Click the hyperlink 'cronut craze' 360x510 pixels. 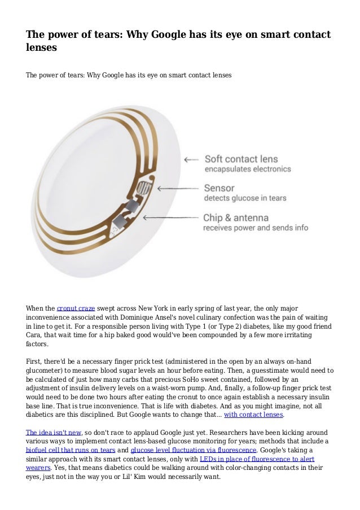point(76,308)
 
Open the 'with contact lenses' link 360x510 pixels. point(253,414)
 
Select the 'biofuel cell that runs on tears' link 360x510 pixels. point(71,450)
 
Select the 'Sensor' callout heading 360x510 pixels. point(219,188)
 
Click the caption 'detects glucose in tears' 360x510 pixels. point(245,198)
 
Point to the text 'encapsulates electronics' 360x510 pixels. point(247,169)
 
